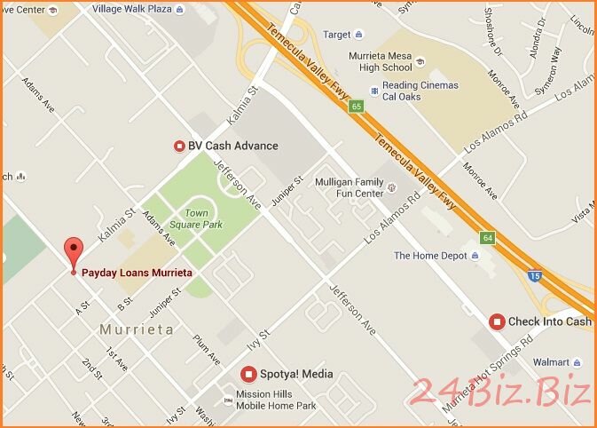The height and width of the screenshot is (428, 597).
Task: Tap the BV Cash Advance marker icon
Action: click(179, 146)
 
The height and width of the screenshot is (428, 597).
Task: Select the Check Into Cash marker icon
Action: click(497, 321)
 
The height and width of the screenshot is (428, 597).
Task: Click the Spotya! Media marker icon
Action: click(251, 374)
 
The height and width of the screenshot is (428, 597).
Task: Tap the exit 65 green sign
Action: click(356, 107)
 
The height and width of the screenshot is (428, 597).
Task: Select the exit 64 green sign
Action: click(487, 238)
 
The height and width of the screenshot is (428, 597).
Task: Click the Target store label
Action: click(337, 36)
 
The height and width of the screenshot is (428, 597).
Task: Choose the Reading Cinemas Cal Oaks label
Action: click(420, 91)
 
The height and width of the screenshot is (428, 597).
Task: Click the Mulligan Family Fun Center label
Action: click(349, 187)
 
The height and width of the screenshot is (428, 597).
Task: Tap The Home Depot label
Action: click(429, 256)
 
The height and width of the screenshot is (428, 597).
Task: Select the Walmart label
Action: click(552, 362)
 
